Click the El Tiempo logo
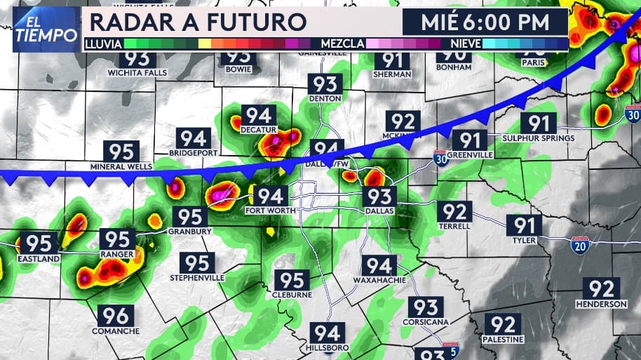pyautogui.click(x=45, y=29)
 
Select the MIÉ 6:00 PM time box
pyautogui.click(x=485, y=22)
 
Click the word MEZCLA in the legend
pyautogui.click(x=342, y=44)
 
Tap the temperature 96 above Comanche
pyautogui.click(x=115, y=316)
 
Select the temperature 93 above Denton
pyautogui.click(x=325, y=85)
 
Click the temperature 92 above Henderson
pyautogui.click(x=601, y=288)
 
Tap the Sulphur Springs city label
pyautogui.click(x=539, y=138)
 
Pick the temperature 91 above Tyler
pyautogui.click(x=524, y=225)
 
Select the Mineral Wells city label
pyautogui.click(x=121, y=167)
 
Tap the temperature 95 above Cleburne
pyautogui.click(x=292, y=280)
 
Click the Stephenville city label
pyautogui.click(x=197, y=278)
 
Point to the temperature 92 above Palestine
pyautogui.click(x=503, y=324)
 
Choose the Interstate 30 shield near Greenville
pyautogui.click(x=440, y=156)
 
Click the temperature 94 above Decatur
pyautogui.click(x=259, y=114)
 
